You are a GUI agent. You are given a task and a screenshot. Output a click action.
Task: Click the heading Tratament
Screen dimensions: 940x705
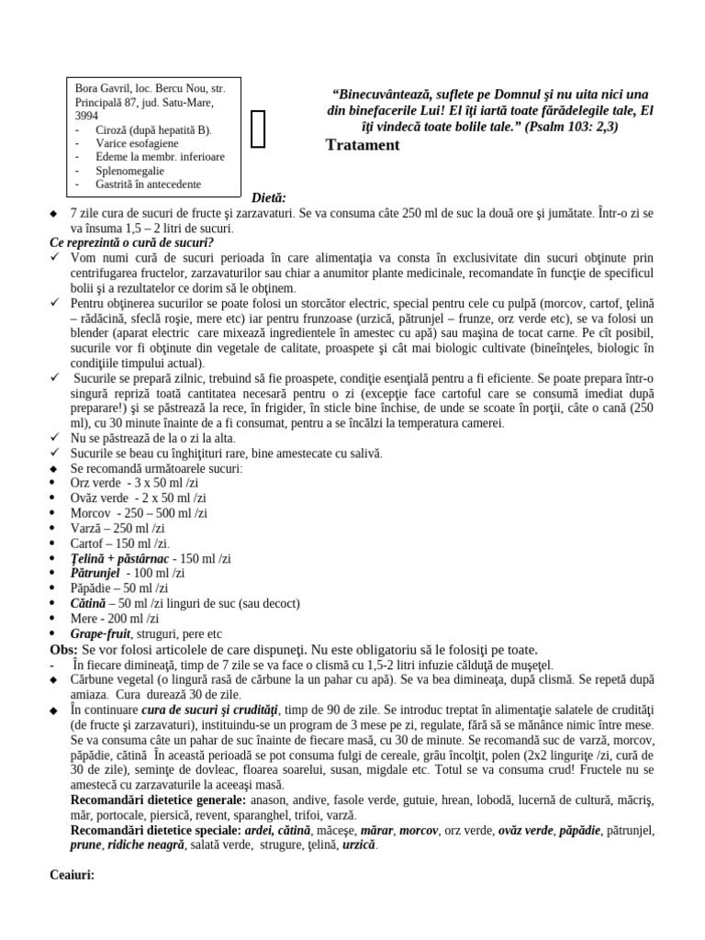(x=362, y=145)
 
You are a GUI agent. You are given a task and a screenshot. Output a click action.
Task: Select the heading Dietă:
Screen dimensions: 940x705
(x=269, y=197)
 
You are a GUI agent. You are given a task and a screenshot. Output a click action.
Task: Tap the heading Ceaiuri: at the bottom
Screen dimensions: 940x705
(x=72, y=875)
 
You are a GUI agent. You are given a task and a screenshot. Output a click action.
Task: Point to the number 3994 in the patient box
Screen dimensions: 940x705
(x=86, y=117)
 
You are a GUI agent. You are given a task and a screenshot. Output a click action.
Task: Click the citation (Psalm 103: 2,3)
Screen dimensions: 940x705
(x=572, y=126)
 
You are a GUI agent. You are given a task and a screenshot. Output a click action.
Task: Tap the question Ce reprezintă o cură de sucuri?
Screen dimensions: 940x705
(x=131, y=242)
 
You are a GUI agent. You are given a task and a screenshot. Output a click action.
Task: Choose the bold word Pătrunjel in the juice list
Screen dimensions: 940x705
(x=95, y=573)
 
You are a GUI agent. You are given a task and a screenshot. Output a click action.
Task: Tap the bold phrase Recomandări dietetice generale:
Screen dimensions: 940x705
(x=165, y=800)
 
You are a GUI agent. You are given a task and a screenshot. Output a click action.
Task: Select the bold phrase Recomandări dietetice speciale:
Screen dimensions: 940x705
(x=163, y=830)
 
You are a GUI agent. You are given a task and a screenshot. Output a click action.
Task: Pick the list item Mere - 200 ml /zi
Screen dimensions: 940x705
(x=114, y=618)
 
